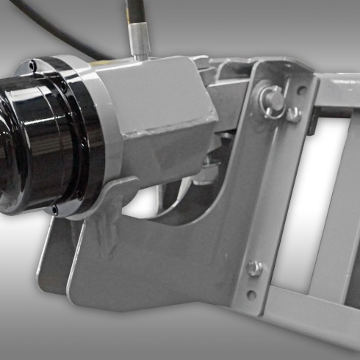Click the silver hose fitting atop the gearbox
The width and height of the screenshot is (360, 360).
click(x=138, y=45)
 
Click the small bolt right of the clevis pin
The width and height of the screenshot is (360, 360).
click(x=293, y=114)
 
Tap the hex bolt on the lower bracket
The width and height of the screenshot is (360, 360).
click(x=253, y=268)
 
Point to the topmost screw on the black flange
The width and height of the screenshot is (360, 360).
click(x=32, y=67)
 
